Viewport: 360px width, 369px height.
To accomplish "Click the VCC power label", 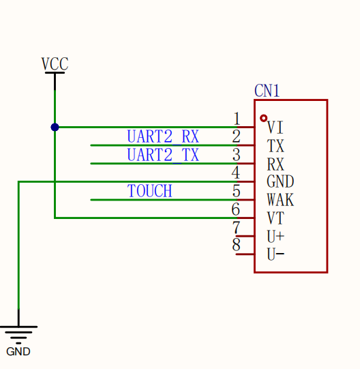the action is [55, 64].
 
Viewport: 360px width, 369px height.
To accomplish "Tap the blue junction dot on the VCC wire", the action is [55, 128].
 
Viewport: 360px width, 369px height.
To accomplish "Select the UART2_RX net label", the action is [163, 136].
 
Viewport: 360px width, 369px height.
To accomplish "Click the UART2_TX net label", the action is [163, 155].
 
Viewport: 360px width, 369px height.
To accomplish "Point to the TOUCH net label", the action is [149, 190].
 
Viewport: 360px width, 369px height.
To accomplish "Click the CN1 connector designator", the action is [267, 91].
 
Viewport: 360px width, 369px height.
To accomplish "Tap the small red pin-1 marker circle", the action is [264, 118].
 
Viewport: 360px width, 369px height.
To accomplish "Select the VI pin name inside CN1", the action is [275, 128].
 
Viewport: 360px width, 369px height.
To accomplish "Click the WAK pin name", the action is [280, 200].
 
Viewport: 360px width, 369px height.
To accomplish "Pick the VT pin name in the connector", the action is [275, 218].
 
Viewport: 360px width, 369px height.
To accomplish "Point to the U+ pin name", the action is [275, 236].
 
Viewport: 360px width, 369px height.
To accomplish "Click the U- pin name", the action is [275, 254].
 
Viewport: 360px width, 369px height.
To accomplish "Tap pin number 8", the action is [236, 245].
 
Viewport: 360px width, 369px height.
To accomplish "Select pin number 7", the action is [236, 227].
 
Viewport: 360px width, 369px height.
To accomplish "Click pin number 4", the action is [236, 173].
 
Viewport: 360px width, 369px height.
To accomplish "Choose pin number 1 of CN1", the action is [237, 119].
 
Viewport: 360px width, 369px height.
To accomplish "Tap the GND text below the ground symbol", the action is [18, 351].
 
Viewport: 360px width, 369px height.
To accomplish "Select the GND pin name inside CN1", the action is [280, 181].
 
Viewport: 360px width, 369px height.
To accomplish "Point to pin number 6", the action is [236, 209].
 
